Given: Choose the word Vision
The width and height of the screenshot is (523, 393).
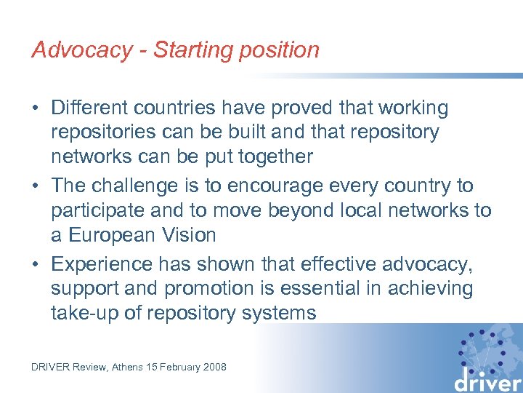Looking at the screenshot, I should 190,235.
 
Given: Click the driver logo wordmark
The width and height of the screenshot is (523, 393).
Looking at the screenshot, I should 487,379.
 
